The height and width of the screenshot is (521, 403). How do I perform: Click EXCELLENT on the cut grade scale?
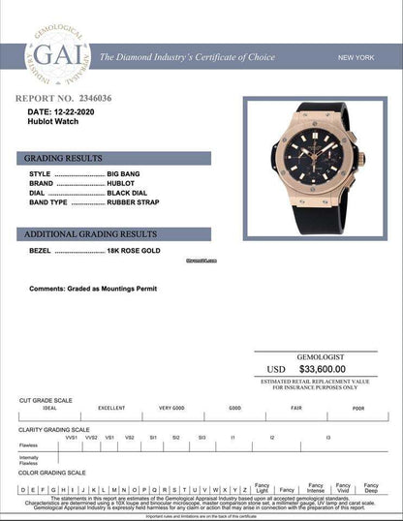click(x=111, y=409)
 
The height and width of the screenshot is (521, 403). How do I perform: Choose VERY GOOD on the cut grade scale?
click(x=172, y=409)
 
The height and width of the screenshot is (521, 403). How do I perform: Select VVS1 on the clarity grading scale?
click(x=71, y=438)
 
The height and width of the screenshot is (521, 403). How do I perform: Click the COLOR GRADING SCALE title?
click(x=55, y=473)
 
